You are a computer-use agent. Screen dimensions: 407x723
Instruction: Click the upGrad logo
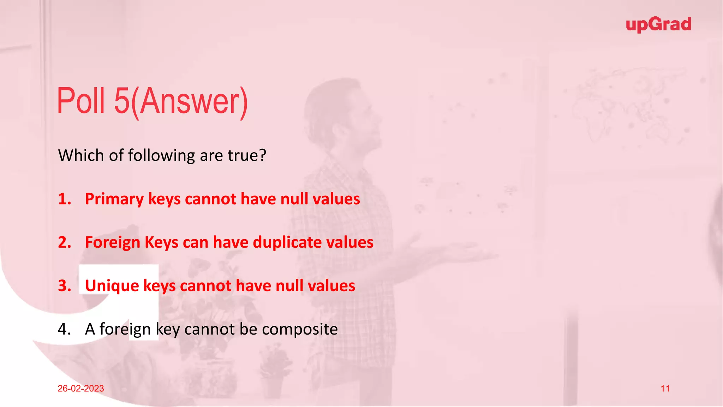point(658,25)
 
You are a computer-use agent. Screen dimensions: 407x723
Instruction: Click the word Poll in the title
point(81,101)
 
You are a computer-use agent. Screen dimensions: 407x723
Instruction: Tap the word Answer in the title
point(191,102)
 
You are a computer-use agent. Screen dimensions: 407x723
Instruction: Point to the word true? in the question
point(247,155)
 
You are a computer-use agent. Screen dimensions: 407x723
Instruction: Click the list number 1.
point(64,199)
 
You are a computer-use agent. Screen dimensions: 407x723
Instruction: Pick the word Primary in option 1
point(114,199)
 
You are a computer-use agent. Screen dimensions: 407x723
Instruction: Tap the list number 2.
point(64,242)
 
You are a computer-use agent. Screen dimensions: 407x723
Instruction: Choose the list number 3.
point(64,286)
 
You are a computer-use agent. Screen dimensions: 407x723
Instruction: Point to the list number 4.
point(64,329)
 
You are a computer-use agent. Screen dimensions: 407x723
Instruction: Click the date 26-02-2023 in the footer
point(81,389)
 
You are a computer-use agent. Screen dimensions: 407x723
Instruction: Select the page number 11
point(665,389)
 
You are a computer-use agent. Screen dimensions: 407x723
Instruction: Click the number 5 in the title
point(122,101)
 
